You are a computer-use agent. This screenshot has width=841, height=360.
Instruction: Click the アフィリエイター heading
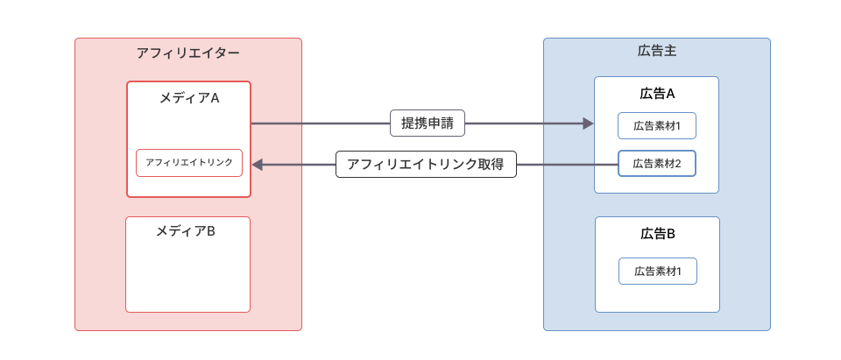point(188,53)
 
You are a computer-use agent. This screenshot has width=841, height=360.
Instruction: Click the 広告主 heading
point(656,52)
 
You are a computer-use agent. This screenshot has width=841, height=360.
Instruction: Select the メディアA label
point(188,98)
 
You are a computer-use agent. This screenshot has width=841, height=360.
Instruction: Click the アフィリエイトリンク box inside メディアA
point(189,163)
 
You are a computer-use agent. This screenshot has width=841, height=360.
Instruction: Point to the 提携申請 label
point(428,124)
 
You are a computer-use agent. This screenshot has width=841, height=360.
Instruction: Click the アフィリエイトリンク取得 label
point(426,165)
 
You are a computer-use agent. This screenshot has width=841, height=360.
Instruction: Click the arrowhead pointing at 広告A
point(588,124)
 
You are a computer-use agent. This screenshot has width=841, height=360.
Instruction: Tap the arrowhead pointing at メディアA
point(258,165)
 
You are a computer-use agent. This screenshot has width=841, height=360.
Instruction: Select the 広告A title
point(657,94)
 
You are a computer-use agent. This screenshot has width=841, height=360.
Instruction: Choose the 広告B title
point(657,234)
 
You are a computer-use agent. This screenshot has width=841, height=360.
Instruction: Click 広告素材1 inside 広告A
point(657,126)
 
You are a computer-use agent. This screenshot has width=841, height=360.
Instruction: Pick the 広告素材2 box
point(657,164)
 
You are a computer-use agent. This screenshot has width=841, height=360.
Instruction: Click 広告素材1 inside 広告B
point(657,272)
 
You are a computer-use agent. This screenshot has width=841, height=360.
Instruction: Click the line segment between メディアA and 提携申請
point(320,124)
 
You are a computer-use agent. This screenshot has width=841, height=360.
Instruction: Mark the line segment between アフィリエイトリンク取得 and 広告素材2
point(567,165)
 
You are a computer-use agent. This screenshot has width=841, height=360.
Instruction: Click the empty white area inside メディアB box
point(187,276)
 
